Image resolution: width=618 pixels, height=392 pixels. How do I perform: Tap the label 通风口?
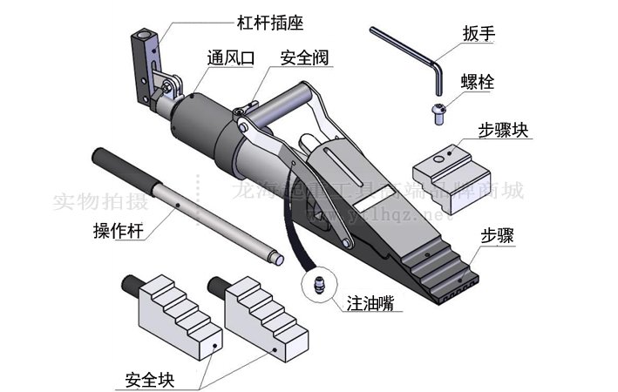pyautogui.click(x=230, y=59)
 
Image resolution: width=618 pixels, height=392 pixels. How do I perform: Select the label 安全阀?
pyautogui.click(x=303, y=59)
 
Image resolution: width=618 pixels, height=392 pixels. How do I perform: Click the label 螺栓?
pyautogui.click(x=479, y=82)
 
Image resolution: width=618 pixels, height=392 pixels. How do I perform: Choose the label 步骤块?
pyautogui.click(x=505, y=131)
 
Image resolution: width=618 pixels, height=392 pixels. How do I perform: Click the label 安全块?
pyautogui.click(x=150, y=380)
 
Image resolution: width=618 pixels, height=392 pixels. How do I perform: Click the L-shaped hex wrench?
pyautogui.click(x=410, y=54)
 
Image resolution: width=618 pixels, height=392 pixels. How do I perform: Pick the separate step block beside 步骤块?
pyautogui.click(x=448, y=164)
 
